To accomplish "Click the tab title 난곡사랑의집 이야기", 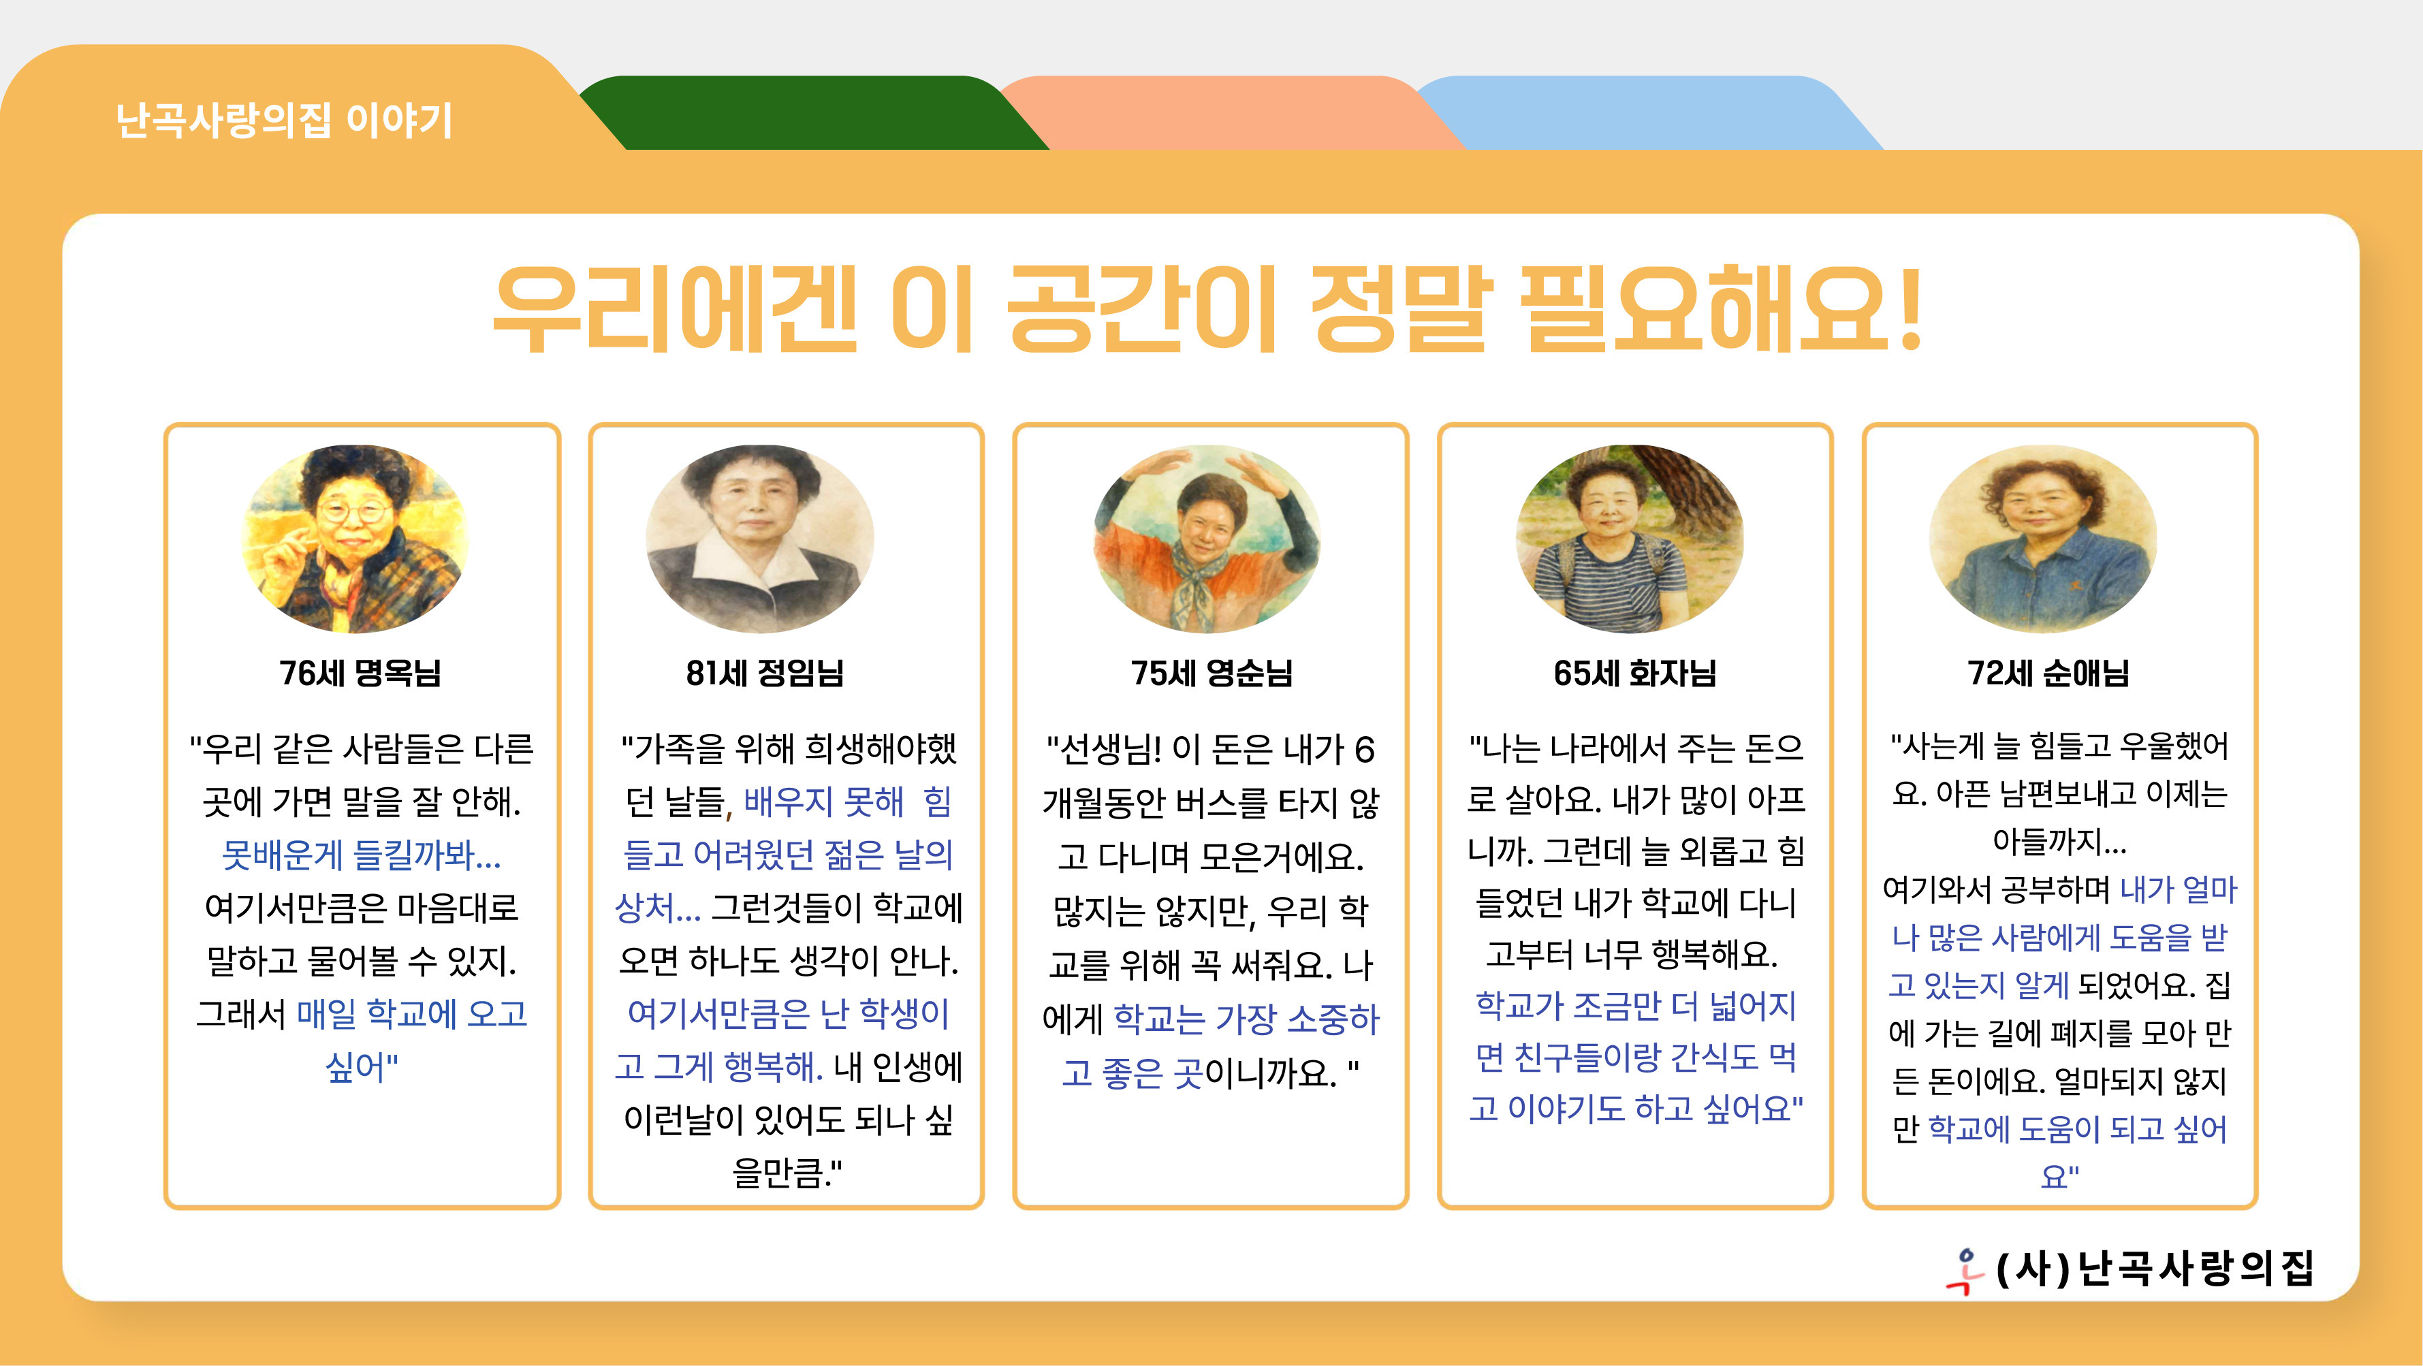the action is coord(284,121).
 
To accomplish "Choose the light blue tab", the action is coord(1646,113).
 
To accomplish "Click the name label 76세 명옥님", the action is coord(360,673).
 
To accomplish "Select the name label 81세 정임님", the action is coord(765,673).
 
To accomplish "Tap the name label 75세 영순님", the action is coord(1211,673).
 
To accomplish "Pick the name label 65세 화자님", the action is coord(1635,673).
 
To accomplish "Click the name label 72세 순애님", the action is coord(2048,673).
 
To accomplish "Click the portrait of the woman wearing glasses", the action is coord(355,538).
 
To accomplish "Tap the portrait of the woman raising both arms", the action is coord(1207,538).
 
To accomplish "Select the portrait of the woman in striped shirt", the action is coord(1630,538).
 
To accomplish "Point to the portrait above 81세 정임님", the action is coord(760,538).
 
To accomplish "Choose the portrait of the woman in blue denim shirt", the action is coord(2043,538).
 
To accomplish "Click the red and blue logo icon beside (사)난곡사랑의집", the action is coord(1964,1271).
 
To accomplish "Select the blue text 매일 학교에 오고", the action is coord(412,1013).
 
